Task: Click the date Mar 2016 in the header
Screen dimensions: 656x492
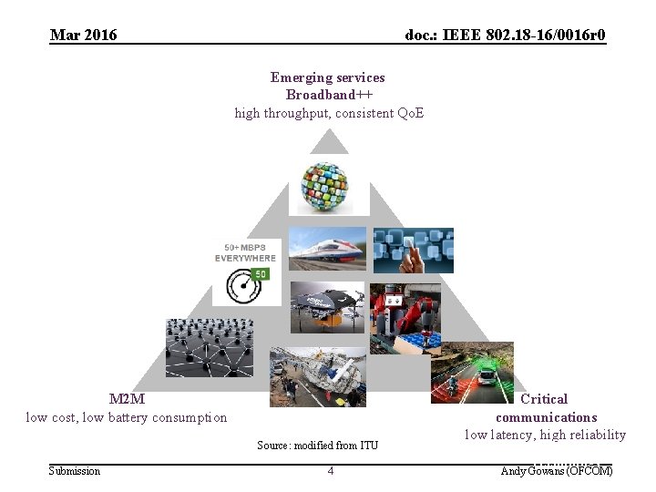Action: (84, 36)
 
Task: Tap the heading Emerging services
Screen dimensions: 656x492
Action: (328, 77)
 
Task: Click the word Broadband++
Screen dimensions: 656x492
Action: (329, 95)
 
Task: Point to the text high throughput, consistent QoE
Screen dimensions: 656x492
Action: (329, 113)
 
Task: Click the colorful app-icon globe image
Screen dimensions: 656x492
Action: (328, 186)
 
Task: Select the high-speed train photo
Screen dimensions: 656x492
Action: (328, 250)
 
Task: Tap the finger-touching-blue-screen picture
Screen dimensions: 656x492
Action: (413, 250)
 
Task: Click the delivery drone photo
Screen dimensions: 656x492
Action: (328, 307)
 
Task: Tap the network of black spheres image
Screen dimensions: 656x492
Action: (209, 347)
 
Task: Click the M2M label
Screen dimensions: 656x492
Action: (127, 399)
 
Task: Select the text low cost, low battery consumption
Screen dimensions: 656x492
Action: (127, 417)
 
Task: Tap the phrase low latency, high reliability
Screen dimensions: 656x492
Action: (545, 435)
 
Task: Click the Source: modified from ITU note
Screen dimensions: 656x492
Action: (317, 446)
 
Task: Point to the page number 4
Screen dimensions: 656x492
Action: (331, 471)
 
